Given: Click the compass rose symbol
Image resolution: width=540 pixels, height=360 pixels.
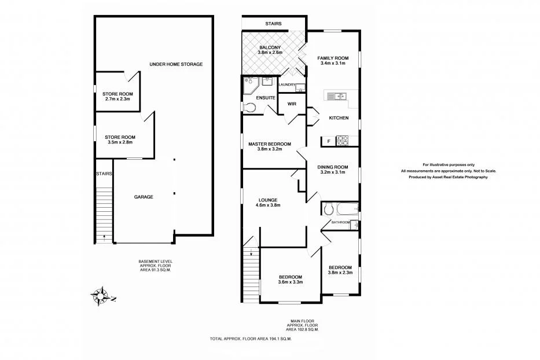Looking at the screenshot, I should pos(101,295).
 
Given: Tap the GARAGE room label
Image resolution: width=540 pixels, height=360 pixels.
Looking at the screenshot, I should pos(144,197).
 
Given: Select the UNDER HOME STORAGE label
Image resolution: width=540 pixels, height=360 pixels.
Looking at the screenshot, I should pos(176,64).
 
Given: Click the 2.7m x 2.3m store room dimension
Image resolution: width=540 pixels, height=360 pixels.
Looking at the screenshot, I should pos(118,99).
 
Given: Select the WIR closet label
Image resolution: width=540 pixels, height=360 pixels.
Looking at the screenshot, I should pos(292,104).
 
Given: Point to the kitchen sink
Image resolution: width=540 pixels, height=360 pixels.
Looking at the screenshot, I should pos(336,96).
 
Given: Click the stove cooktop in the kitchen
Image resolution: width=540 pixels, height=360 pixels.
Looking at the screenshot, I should pos(342,139).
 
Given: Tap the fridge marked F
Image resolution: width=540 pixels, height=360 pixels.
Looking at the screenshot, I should pos(329,141).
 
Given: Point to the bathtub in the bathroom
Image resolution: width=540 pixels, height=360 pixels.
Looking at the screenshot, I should pos(345,209).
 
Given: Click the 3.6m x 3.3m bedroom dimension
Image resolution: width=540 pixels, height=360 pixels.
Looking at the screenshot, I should pos(290,282).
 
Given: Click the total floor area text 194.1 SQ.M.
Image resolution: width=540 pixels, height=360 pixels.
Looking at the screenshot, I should pos(251,339).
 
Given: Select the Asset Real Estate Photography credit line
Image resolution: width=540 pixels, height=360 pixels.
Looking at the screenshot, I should pos(449,177).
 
